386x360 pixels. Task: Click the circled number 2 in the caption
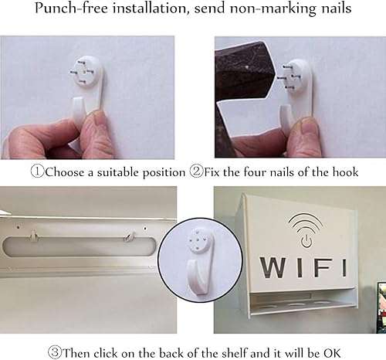tap(197, 171)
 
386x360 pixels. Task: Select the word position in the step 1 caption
tap(160, 171)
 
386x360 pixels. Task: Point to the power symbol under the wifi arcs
tap(306, 239)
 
